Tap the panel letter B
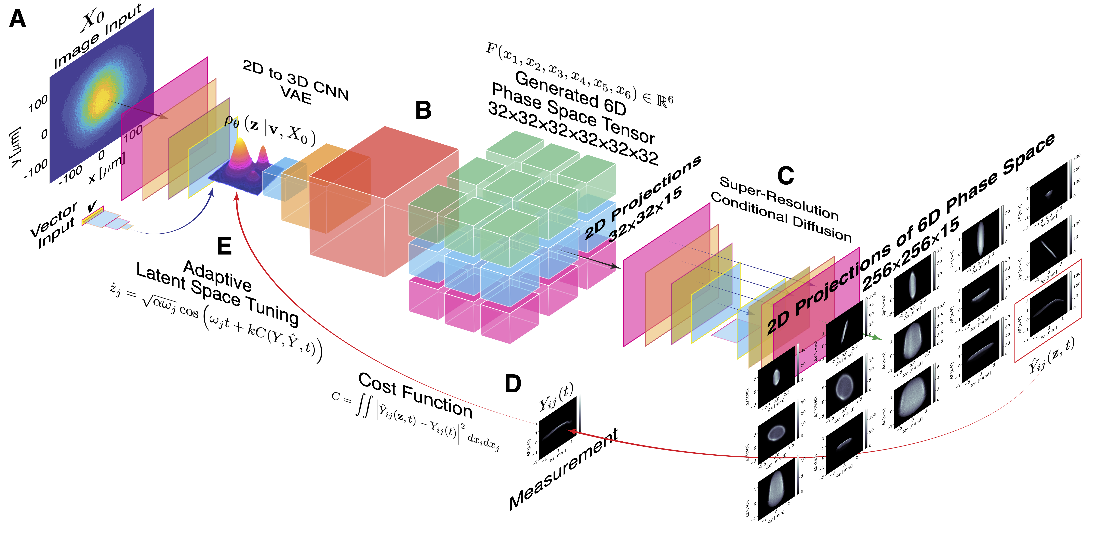point(423,110)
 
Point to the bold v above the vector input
point(92,207)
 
